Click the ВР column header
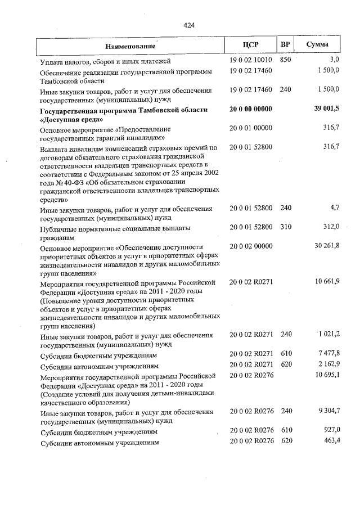(x=286, y=45)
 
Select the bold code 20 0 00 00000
(x=251, y=109)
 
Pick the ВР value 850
(x=286, y=60)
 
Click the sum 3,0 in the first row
(x=334, y=60)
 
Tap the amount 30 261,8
(x=327, y=246)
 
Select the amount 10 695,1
(x=327, y=375)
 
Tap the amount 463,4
(x=331, y=442)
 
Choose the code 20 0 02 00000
(x=251, y=246)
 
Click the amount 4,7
(x=334, y=208)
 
